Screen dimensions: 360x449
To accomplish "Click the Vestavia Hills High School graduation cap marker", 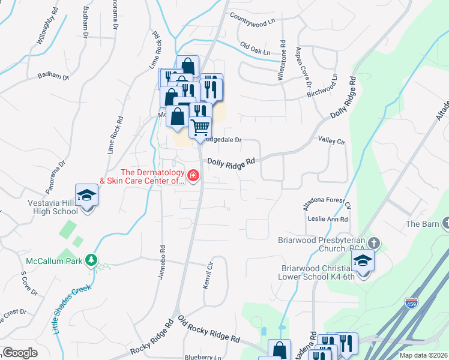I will coord(88,196).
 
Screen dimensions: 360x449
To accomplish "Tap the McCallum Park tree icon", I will coord(91,260).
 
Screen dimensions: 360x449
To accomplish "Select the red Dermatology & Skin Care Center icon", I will coord(193,176).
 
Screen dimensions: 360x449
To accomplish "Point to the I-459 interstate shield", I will coord(411,304).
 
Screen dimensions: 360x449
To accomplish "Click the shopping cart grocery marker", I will coord(200,127).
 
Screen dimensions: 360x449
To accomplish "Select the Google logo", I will coord(19,352).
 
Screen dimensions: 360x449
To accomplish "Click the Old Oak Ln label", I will coord(255,49).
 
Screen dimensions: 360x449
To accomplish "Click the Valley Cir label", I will coord(332,140).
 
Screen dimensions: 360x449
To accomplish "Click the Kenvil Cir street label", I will coord(209,274).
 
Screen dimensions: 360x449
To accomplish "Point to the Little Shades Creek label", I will coord(71,308).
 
